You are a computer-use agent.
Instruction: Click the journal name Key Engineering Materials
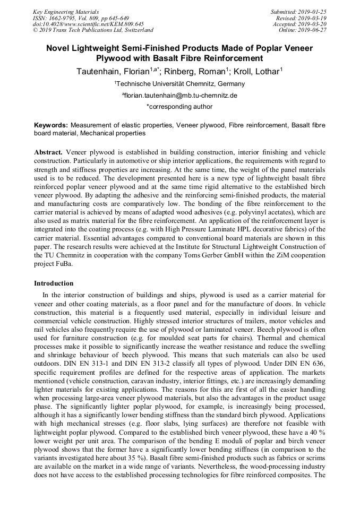[65, 11]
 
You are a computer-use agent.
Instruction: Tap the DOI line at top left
[88, 24]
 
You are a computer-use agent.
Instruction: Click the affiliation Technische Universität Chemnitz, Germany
[180, 84]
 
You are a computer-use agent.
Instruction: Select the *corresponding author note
[179, 107]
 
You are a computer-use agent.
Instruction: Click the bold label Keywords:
[51, 125]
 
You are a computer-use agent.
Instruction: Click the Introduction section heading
[54, 283]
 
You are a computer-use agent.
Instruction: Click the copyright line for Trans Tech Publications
[93, 30]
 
